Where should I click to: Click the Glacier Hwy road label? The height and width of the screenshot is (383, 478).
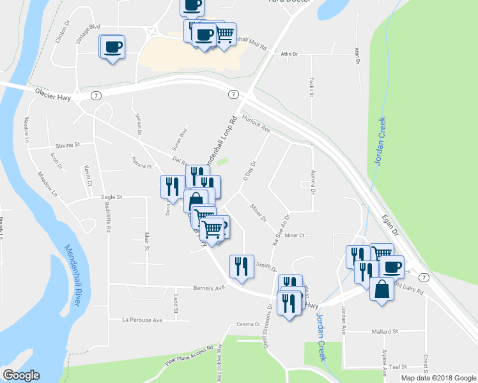tap(51, 93)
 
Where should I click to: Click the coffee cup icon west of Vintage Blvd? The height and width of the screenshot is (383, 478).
tap(112, 47)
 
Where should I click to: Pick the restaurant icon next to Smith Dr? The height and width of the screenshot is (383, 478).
tap(242, 266)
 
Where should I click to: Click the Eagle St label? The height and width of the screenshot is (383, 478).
tap(111, 198)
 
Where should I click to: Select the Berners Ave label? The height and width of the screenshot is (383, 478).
tap(210, 288)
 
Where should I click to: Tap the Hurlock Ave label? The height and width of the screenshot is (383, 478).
tap(258, 124)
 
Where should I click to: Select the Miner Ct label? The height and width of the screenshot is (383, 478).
tap(294, 236)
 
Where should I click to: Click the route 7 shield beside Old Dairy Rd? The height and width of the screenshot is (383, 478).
tap(424, 277)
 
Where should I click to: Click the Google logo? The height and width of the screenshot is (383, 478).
tap(21, 375)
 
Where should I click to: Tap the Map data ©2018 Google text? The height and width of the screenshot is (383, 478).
tap(438, 378)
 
